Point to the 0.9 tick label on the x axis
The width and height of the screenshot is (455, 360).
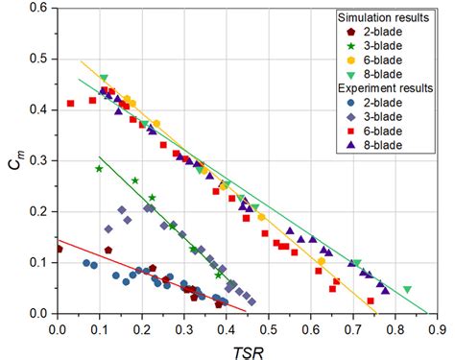coord(438,327)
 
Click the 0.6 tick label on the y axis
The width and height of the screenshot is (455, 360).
coord(39,8)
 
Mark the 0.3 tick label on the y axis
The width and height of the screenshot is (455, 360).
coord(39,160)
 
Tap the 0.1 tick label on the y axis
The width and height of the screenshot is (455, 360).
coord(39,262)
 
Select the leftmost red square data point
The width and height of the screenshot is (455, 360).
coord(70,103)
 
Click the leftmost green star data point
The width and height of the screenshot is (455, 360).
coord(99,169)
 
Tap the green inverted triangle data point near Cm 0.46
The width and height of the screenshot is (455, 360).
coord(103,78)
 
